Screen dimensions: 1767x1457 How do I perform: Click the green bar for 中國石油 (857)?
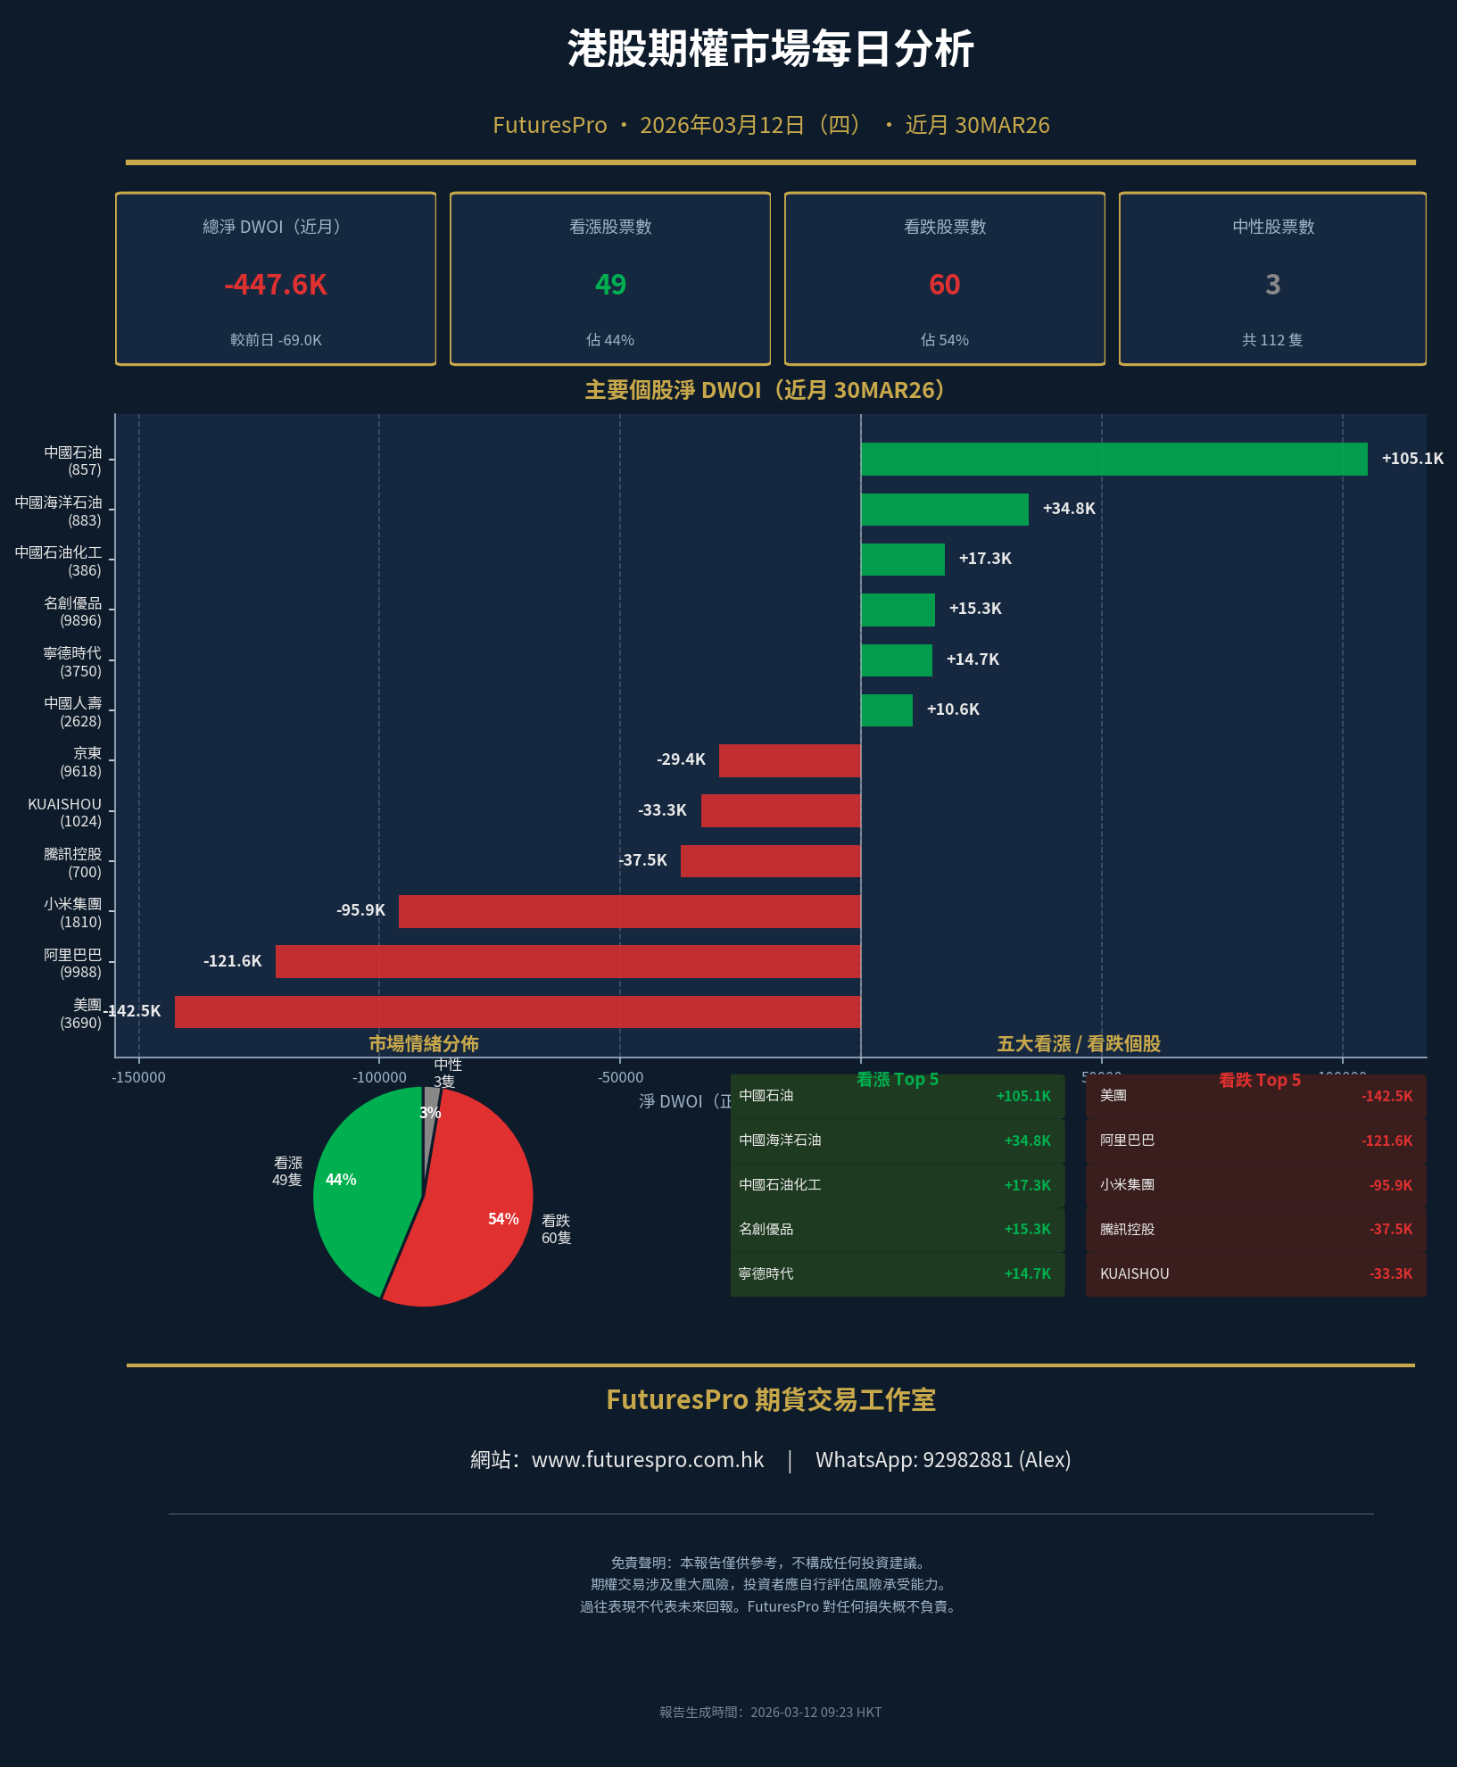1113,459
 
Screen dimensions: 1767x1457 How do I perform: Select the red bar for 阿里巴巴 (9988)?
568,961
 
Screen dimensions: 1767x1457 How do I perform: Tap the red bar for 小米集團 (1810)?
629,911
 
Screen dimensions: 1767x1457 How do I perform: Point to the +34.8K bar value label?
1069,509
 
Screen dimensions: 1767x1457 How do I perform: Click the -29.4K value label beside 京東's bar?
681,759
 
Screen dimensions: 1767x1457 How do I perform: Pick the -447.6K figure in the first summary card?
276,285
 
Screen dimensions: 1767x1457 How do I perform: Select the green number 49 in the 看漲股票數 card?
610,285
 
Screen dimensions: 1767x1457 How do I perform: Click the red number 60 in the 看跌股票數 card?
945,285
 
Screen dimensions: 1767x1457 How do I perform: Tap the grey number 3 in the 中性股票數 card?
1273,285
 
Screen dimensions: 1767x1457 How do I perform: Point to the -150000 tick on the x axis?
138,1077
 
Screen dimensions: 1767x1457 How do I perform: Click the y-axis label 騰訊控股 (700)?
73,863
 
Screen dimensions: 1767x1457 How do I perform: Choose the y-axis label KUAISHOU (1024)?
65,812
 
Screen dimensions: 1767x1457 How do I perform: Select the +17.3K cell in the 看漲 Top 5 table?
1027,1185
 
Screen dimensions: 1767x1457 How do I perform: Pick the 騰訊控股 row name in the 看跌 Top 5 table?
1127,1230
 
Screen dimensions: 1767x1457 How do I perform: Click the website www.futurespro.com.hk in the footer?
648,1460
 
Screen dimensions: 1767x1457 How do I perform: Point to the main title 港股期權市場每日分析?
771,49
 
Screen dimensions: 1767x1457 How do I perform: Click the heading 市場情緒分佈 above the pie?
424,1043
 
